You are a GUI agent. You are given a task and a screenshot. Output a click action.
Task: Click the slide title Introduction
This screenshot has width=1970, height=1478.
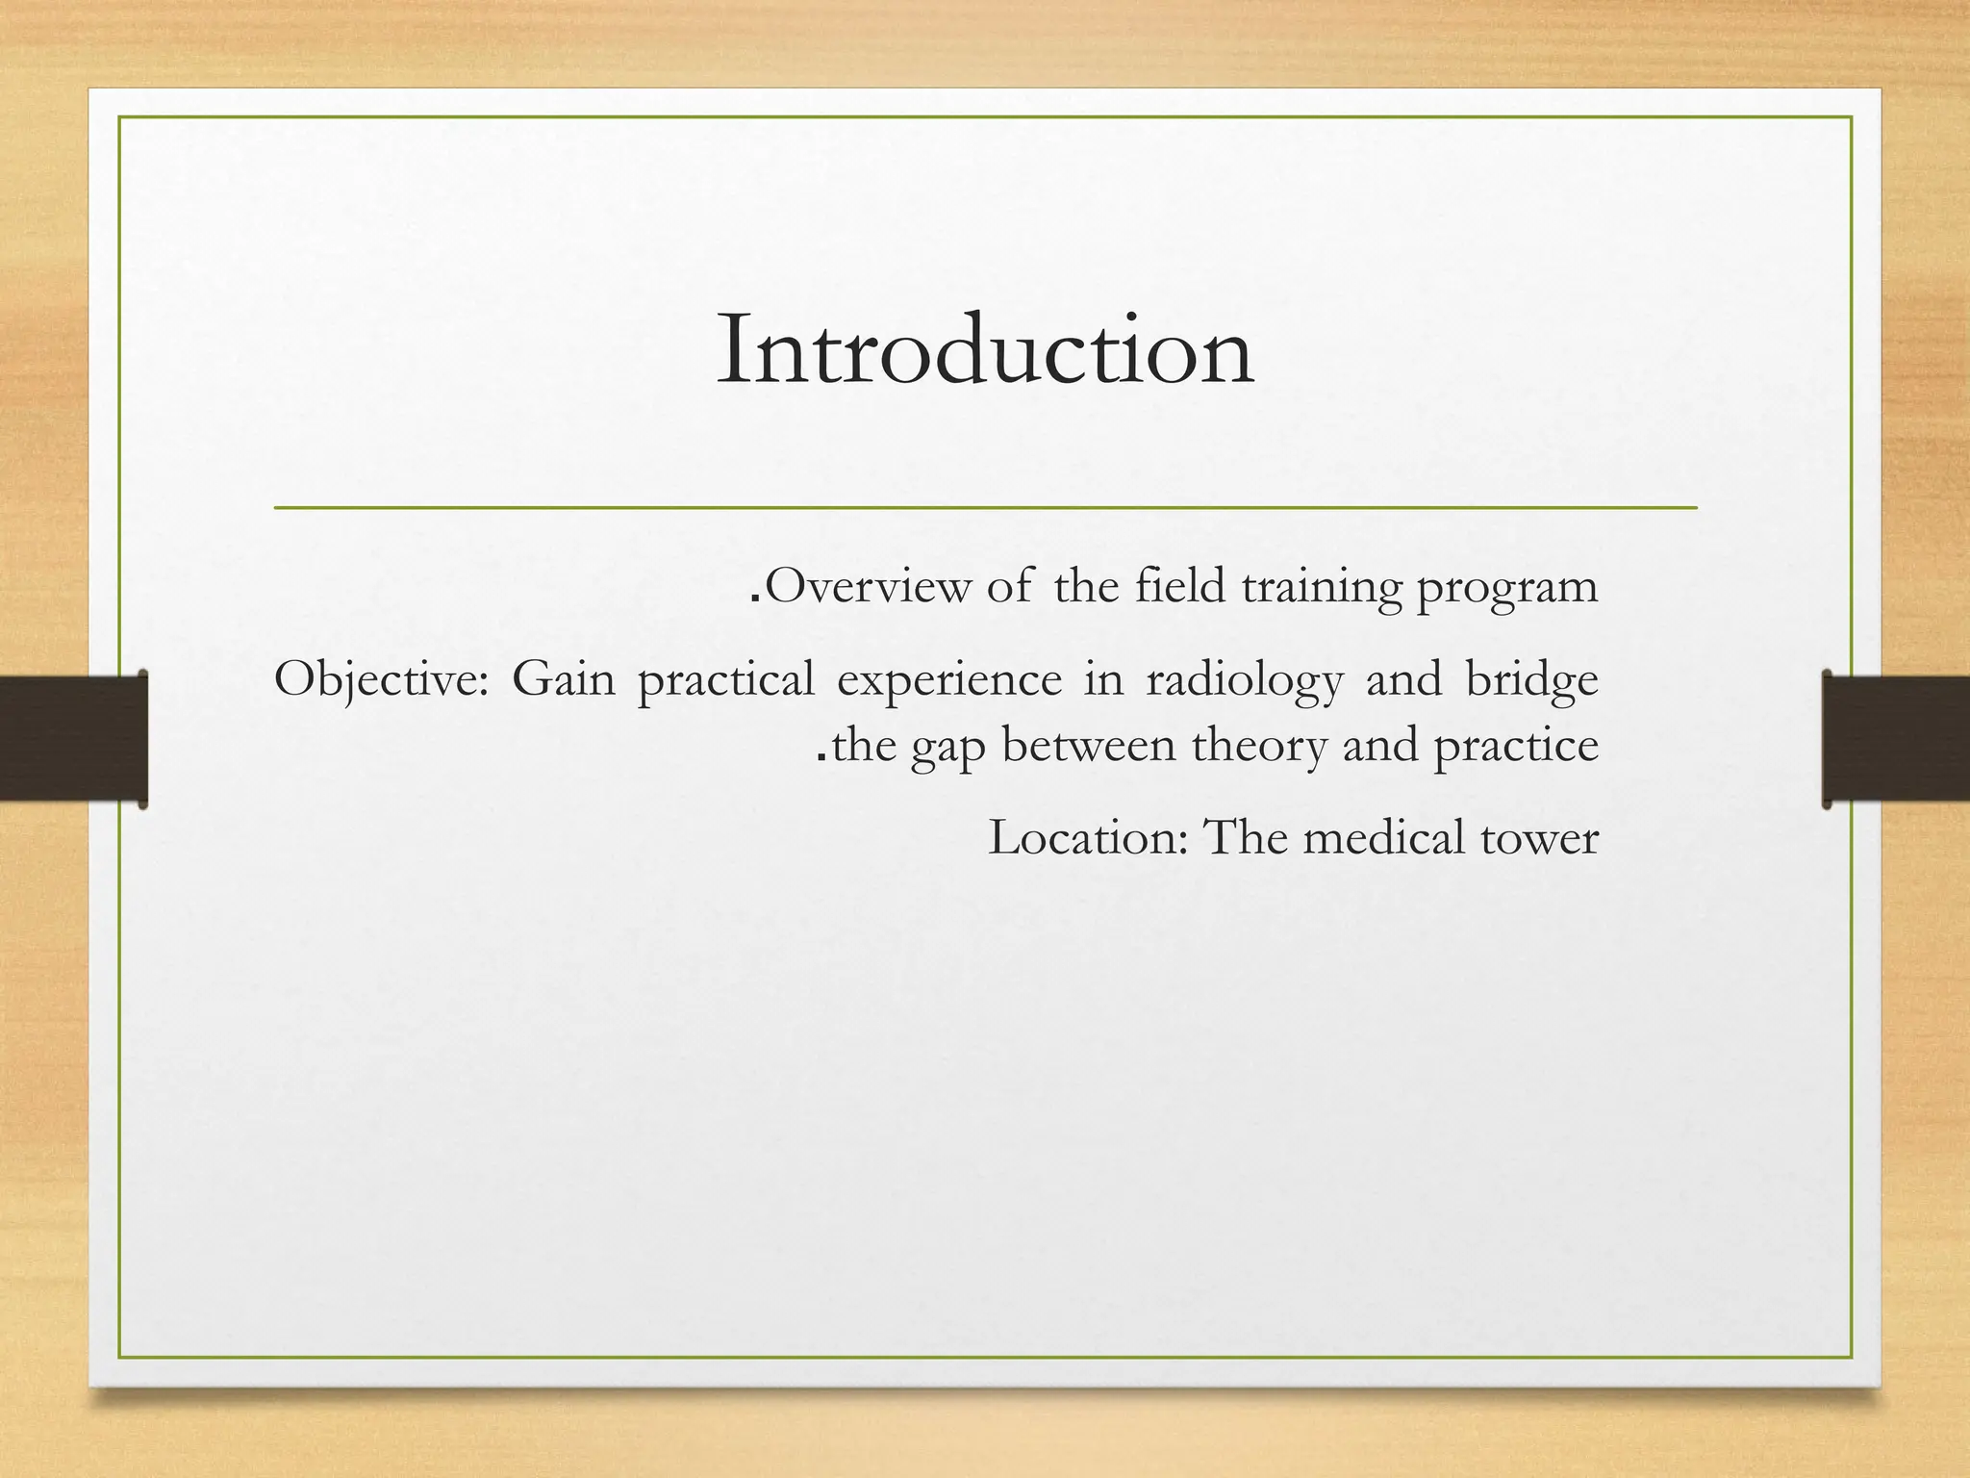(985, 349)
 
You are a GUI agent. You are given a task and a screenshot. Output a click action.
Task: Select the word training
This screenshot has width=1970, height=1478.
(1321, 587)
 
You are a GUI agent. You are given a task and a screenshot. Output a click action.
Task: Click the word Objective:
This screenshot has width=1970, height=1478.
(382, 680)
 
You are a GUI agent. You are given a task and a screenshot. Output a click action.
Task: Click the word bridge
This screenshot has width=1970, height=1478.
(1531, 680)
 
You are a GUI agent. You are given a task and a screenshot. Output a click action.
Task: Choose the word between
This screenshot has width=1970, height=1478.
(1089, 745)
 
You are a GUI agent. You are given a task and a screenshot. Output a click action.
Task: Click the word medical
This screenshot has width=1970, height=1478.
(1383, 837)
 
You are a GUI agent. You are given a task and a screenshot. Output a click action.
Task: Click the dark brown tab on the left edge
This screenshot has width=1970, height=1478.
(73, 739)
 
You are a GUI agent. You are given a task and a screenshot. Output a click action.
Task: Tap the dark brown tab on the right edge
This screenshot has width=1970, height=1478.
(1896, 739)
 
